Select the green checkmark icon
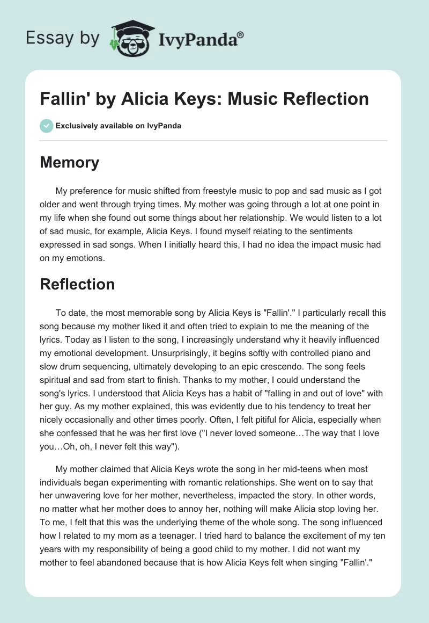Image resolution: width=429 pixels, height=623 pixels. point(46,126)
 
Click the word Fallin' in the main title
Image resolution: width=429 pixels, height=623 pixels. point(61,99)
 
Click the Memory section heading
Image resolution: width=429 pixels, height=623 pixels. point(70,163)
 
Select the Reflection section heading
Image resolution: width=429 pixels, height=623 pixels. point(77,284)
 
